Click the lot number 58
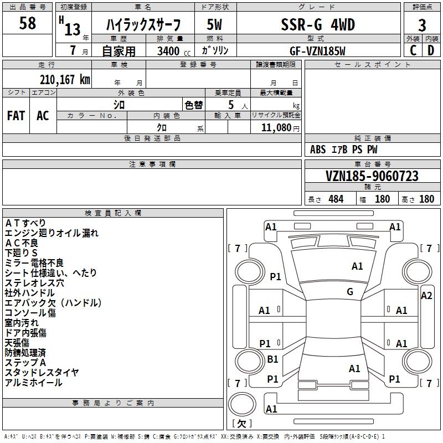point(27,23)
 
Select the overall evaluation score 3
point(422,25)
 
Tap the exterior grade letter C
point(413,50)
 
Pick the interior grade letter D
point(431,50)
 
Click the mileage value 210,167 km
point(65,80)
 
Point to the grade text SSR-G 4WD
point(318,24)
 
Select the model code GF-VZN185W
point(317,51)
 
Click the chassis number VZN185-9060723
point(372,176)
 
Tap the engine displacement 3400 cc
point(174,51)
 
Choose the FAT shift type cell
point(16,116)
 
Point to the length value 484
point(336,199)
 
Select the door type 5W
point(214,24)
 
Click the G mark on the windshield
point(350,291)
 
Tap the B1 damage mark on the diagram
point(272,359)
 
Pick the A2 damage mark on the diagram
point(426,296)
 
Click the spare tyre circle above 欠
point(242,404)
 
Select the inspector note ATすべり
point(25,223)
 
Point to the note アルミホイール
point(33,383)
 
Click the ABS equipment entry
point(318,150)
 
